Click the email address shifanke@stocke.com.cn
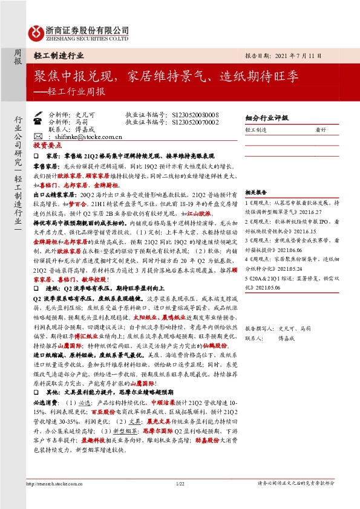(x=91, y=137)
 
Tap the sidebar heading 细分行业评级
(x=267, y=118)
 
